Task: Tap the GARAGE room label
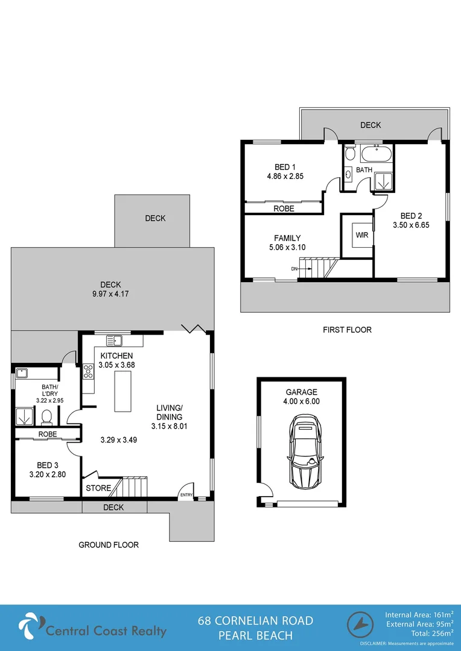point(301,392)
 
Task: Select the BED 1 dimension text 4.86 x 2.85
point(285,177)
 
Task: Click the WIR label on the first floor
point(362,235)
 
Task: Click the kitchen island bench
point(124,391)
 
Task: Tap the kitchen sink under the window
point(114,339)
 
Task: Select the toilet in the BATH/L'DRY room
point(47,415)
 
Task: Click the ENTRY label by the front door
point(185,495)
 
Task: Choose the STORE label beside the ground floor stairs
point(97,488)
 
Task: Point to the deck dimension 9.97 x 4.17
point(110,294)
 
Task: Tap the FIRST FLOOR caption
point(346,330)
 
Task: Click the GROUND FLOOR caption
point(109,545)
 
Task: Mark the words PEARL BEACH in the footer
point(256,635)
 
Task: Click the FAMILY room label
point(287,238)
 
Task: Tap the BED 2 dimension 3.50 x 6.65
point(411,225)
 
